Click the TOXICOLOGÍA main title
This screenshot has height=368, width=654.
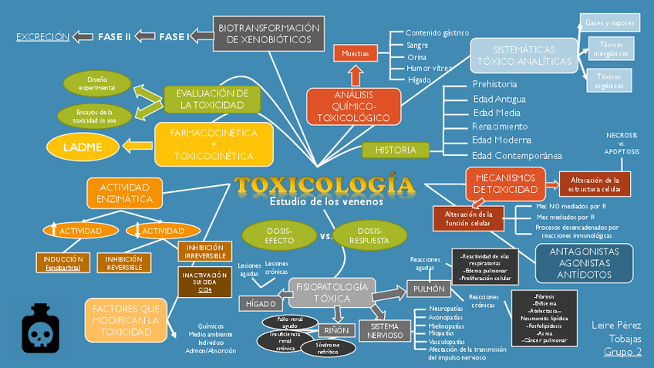(x=325, y=185)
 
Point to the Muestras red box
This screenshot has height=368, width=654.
(x=356, y=54)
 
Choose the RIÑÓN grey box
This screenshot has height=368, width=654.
(x=336, y=330)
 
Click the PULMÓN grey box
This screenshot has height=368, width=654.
(x=428, y=289)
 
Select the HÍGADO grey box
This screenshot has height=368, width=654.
(x=261, y=304)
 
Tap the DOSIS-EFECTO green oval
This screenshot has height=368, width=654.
(x=280, y=235)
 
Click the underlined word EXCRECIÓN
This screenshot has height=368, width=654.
(x=42, y=36)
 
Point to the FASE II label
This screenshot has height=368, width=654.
(x=114, y=36)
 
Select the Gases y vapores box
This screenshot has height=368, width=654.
(x=609, y=23)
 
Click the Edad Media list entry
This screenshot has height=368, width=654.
(x=497, y=112)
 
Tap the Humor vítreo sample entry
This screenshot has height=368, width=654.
(x=429, y=68)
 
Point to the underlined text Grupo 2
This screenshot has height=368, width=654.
(x=622, y=352)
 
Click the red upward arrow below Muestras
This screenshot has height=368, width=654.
(x=356, y=76)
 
